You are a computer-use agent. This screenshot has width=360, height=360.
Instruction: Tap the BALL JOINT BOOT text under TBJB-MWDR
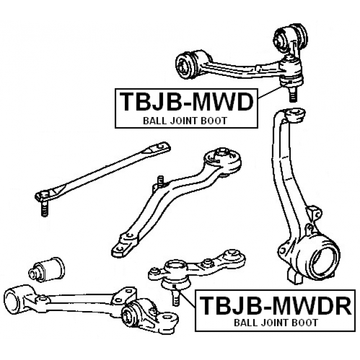pyautogui.click(x=276, y=322)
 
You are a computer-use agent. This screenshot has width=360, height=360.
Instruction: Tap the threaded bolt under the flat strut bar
pyautogui.click(x=43, y=210)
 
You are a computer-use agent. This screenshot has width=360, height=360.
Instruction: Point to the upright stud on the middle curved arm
pyautogui.click(x=161, y=183)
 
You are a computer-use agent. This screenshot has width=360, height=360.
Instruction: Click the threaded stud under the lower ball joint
pyautogui.click(x=175, y=295)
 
